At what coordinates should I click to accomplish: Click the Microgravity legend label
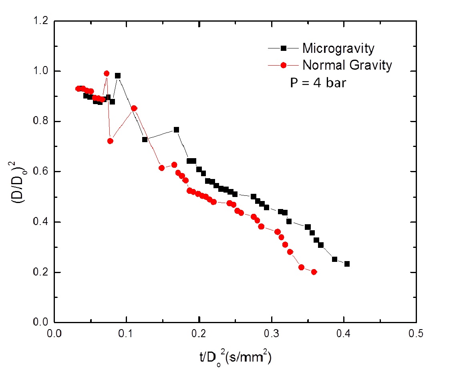coord(338,48)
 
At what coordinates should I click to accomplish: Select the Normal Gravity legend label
coord(347,65)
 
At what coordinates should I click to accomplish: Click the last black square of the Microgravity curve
coord(347,264)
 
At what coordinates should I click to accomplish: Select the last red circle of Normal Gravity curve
coord(314,272)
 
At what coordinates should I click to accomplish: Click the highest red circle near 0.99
coord(107,74)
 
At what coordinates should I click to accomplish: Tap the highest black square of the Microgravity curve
coord(118,76)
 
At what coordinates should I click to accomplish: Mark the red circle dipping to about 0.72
coord(111,141)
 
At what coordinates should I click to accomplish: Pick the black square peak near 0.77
coord(176,130)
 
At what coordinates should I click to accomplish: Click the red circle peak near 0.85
coord(134,108)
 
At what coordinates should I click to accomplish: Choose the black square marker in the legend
coord(283,48)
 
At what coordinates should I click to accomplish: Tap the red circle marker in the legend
coord(283,65)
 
